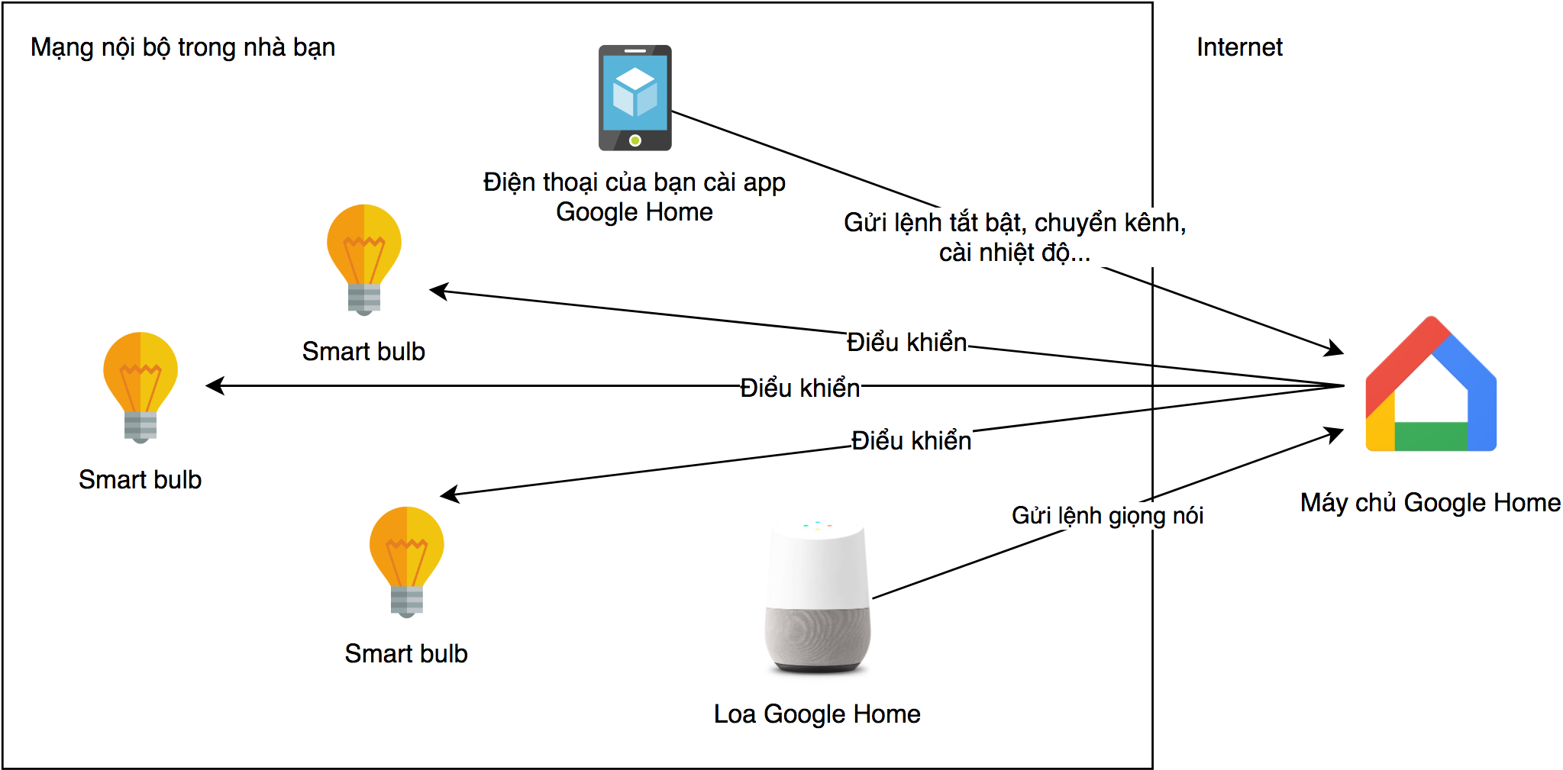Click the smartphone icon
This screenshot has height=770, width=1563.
coord(635,98)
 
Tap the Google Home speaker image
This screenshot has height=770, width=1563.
coord(817,599)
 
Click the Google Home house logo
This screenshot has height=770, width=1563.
coord(1430,385)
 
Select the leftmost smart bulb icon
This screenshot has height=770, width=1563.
coord(140,387)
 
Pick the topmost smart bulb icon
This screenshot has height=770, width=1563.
coord(364,259)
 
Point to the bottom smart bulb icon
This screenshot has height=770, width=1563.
coord(406,561)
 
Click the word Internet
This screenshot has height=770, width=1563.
coord(1238,47)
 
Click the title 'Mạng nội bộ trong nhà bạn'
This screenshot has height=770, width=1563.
coord(182,47)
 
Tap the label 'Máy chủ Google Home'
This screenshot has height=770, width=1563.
coord(1429,502)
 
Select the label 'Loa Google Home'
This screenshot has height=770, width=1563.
coord(816,714)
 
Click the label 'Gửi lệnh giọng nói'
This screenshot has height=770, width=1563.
coord(1106,515)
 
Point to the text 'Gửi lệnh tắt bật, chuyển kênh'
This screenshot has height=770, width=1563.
coord(1014,223)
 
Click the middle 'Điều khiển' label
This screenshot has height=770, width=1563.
coord(799,388)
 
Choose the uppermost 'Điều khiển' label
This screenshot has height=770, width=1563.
coord(906,342)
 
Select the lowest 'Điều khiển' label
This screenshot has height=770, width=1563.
coord(911,440)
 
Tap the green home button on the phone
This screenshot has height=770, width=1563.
coord(635,140)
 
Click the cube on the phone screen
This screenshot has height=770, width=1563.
coord(635,92)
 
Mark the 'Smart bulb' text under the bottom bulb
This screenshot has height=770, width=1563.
coord(405,653)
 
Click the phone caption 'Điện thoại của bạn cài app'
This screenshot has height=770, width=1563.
coord(634,182)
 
